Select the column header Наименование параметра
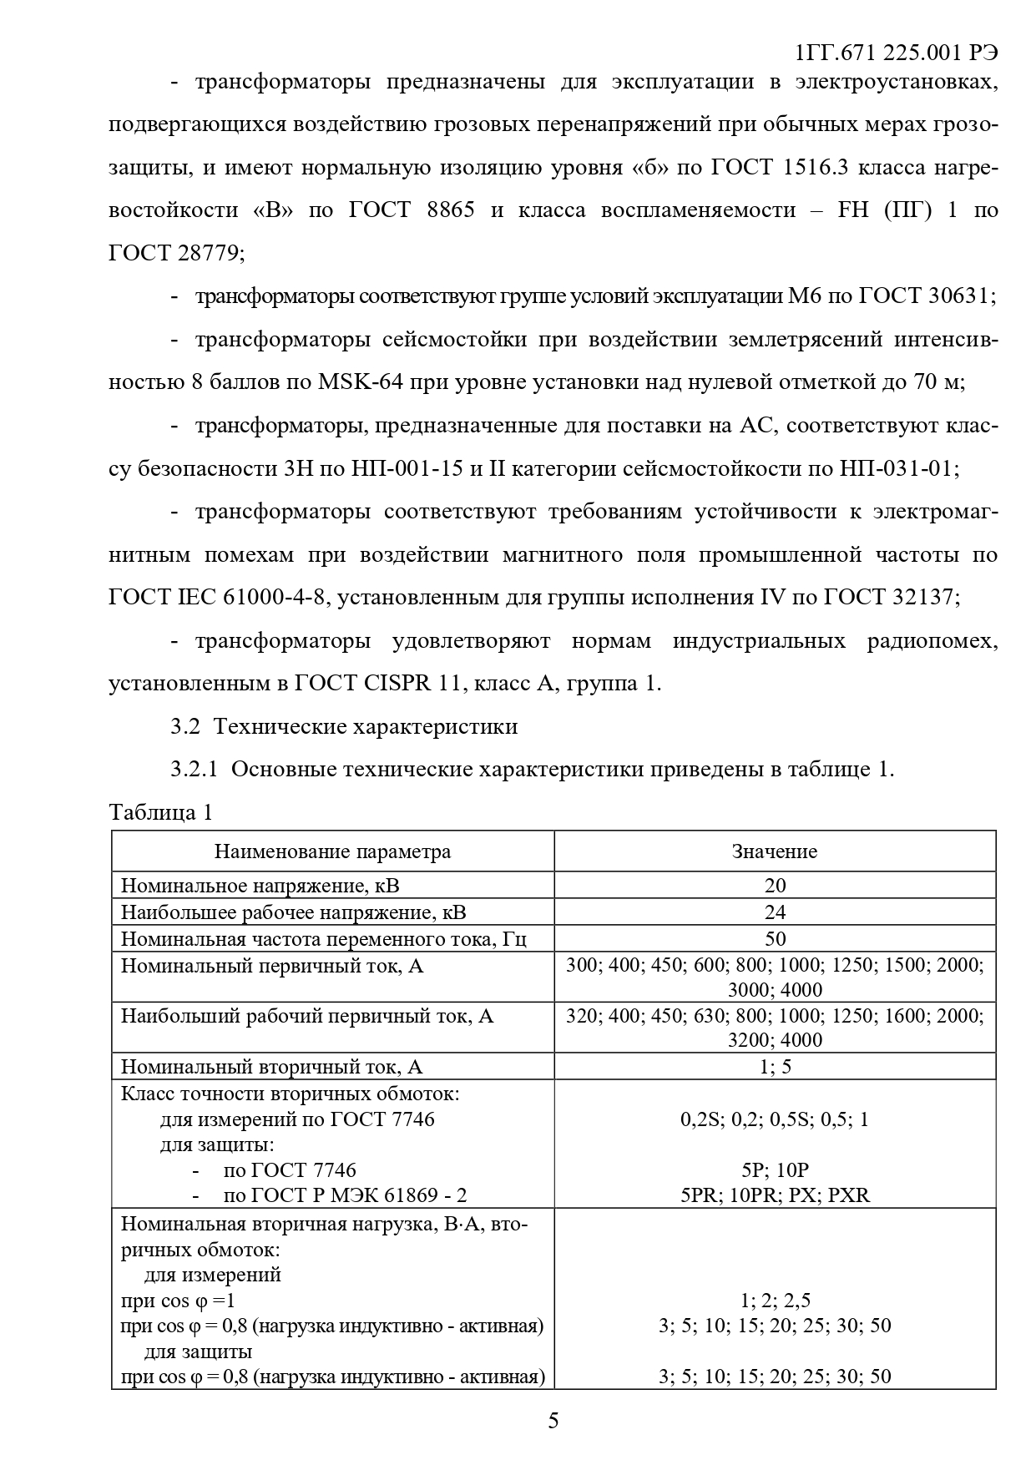point(332,851)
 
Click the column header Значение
point(774,851)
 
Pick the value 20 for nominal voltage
point(775,885)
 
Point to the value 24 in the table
point(775,912)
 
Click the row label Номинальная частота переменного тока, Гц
point(324,939)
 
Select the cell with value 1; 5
point(775,1067)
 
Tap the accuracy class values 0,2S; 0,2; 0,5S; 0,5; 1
point(775,1119)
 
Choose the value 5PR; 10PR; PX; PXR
point(775,1195)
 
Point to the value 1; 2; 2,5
point(775,1300)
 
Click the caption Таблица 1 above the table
point(161,812)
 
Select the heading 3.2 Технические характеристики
point(344,726)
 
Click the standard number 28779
point(208,253)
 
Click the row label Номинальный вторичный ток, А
point(272,1067)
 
